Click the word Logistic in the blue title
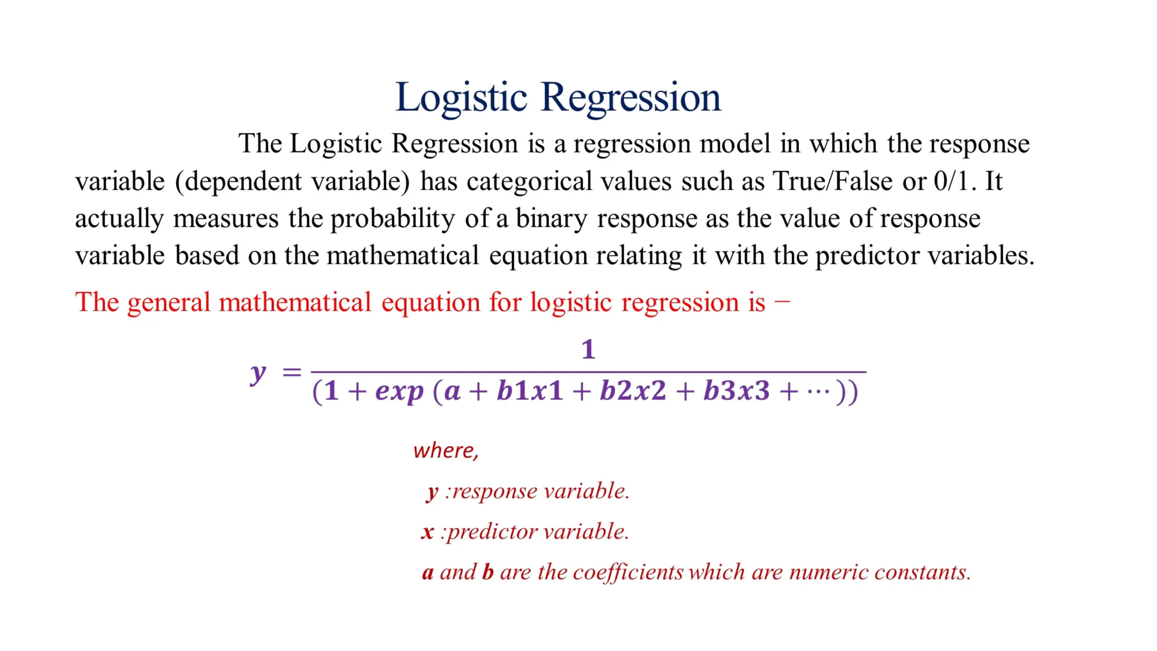(461, 97)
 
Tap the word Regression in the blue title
(630, 97)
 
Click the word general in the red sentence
(168, 302)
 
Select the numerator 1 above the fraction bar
(588, 350)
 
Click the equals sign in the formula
(292, 372)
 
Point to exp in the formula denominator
(399, 391)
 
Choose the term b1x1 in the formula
(530, 391)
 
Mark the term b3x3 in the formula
(736, 391)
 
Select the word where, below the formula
(446, 450)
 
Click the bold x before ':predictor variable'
(428, 532)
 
